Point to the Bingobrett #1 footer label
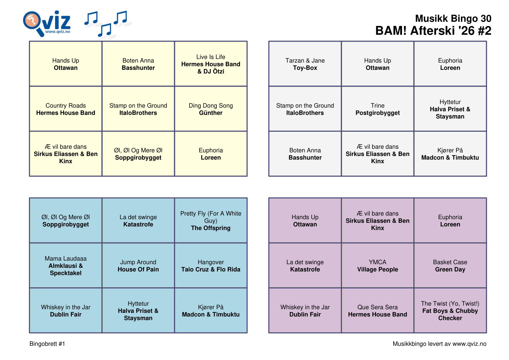pos(47,344)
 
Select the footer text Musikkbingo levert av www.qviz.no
pos(439,344)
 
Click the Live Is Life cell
pos(211,64)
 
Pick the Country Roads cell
pos(66,109)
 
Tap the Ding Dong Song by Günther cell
pos(211,109)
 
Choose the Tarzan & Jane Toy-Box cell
pos(305,64)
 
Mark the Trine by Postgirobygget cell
pos(378,109)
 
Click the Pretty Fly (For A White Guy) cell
pos(211,220)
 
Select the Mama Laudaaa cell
pos(66,265)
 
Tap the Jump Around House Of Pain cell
pos(138,265)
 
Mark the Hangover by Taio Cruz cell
pos(211,265)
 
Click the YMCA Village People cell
pos(378,265)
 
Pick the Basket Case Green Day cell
pos(450,265)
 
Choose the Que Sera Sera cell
pos(378,310)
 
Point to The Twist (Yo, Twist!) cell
pos(450,310)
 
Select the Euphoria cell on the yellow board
pos(211,154)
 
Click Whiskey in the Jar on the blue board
pos(66,310)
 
